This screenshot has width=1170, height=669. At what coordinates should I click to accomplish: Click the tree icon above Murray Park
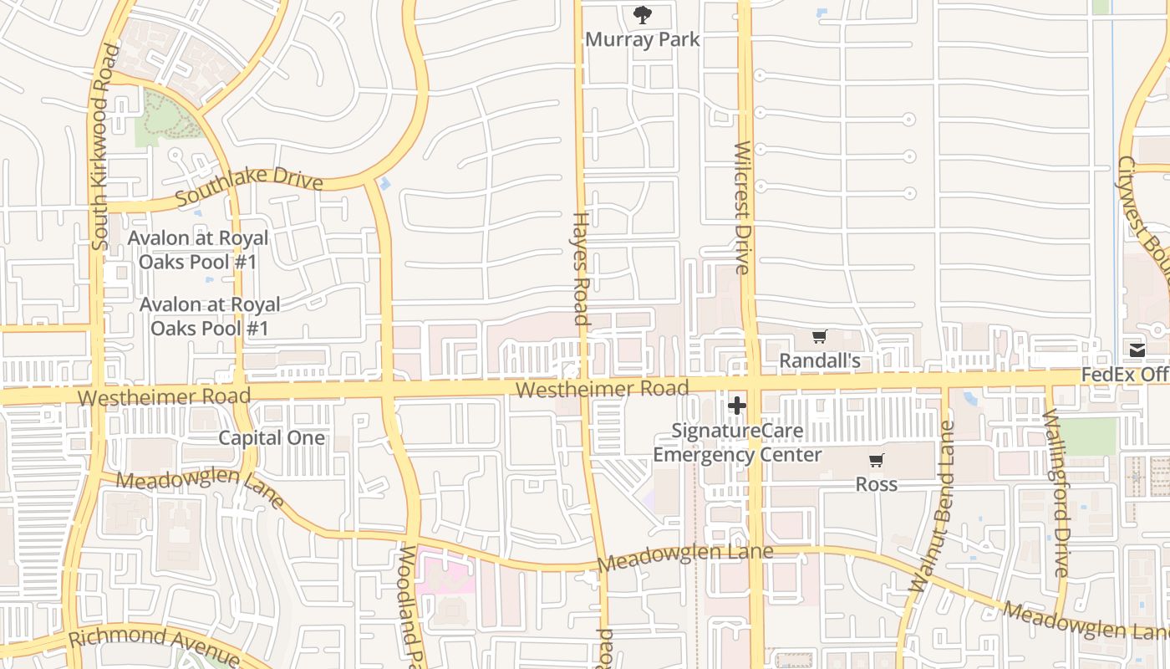(x=642, y=14)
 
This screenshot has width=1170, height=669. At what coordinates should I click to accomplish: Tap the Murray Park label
(x=642, y=39)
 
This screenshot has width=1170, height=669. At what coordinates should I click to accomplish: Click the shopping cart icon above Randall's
(x=819, y=336)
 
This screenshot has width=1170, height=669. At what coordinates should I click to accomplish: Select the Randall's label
(x=819, y=361)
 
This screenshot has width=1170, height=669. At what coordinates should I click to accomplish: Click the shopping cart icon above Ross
(x=876, y=460)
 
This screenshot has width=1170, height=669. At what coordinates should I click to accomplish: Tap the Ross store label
(x=876, y=484)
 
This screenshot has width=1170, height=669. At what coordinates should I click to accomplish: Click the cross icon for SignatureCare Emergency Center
(x=736, y=406)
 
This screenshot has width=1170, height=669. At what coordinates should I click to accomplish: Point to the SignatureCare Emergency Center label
(x=738, y=443)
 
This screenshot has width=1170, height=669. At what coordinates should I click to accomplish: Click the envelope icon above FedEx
(x=1137, y=350)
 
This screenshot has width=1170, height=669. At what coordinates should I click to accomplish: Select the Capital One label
(x=272, y=437)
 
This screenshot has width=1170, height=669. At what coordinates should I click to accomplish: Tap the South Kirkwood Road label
(x=101, y=147)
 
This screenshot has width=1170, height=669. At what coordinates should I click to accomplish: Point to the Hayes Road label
(x=580, y=268)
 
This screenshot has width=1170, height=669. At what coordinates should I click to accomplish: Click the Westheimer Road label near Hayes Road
(x=602, y=389)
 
